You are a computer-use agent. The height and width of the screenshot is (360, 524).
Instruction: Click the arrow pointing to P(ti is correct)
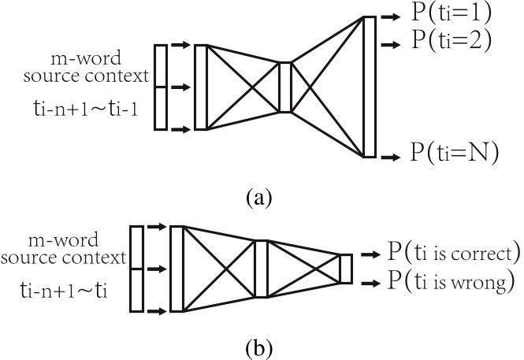(370, 255)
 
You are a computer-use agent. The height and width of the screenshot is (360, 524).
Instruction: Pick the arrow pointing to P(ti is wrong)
(370, 281)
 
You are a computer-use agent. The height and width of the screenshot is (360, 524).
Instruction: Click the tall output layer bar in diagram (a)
(369, 86)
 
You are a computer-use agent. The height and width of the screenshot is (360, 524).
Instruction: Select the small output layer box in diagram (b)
(345, 268)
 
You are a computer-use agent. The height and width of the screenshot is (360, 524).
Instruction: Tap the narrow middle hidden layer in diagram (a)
(284, 87)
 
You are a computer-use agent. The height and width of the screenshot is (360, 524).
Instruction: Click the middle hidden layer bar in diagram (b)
(261, 269)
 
